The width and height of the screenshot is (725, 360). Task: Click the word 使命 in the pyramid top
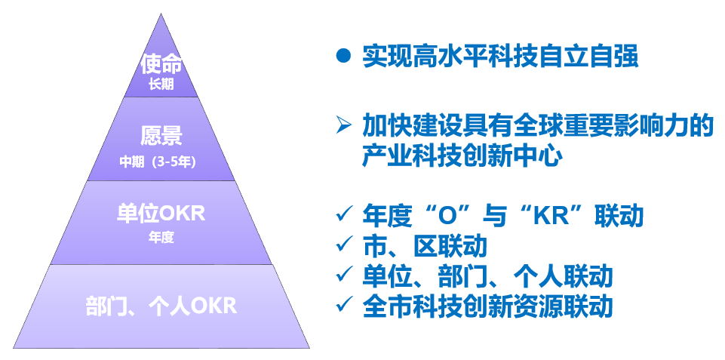point(161,64)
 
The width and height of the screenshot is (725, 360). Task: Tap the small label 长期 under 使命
point(161,85)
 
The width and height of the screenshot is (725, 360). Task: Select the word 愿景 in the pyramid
point(161,136)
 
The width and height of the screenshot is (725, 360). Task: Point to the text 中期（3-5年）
point(158,162)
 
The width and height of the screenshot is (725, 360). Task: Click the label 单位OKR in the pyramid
point(161,214)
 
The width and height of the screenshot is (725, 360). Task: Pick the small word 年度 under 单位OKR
point(161,238)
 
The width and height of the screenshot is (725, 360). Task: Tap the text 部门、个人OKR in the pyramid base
point(161,306)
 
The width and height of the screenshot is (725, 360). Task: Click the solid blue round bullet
point(343,56)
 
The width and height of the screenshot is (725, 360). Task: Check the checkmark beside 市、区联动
point(343,244)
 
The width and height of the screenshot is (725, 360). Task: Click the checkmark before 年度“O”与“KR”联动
point(343,214)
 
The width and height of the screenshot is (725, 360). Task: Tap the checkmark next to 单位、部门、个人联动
point(343,274)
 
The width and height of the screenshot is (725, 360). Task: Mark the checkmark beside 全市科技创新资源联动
point(343,304)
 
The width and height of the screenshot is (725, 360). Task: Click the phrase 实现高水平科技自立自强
point(500,57)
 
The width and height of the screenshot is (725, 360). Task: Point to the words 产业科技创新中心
point(462,156)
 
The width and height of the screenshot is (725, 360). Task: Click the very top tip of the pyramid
point(161,14)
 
